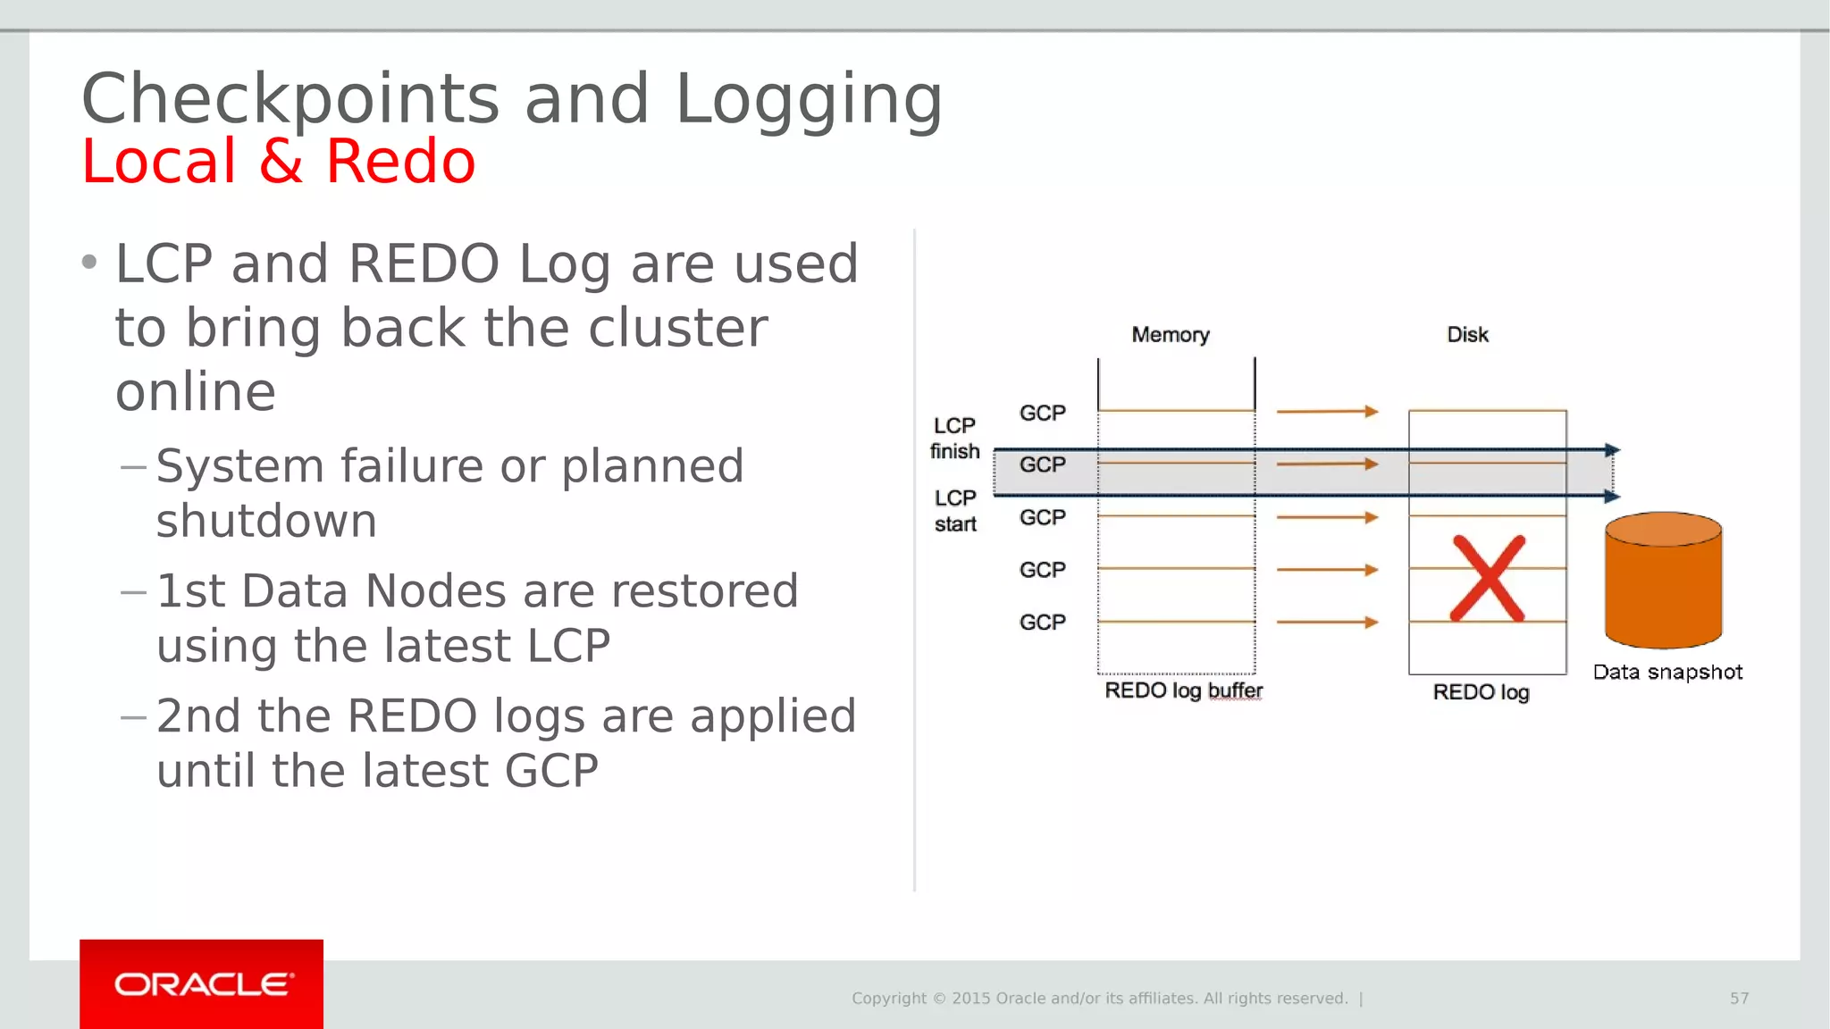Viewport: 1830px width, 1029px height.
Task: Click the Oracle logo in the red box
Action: (x=203, y=984)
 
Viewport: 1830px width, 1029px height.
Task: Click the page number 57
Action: (x=1739, y=999)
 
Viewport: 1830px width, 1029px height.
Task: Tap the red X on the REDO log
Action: (x=1487, y=579)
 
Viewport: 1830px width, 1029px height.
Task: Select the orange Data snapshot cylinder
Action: (x=1663, y=581)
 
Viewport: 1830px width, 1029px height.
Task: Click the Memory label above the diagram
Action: (x=1170, y=335)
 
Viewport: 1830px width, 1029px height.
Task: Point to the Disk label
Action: (x=1467, y=335)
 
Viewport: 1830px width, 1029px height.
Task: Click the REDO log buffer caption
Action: (x=1183, y=690)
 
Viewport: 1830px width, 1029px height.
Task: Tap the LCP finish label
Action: (x=954, y=439)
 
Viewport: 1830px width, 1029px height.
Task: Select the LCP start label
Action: (x=955, y=511)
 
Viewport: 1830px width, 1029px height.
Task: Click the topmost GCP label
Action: (x=1042, y=413)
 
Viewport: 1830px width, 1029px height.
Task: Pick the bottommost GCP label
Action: (x=1042, y=622)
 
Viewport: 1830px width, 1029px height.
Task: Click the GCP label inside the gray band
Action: (x=1042, y=464)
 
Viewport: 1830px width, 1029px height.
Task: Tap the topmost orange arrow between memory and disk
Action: (x=1327, y=412)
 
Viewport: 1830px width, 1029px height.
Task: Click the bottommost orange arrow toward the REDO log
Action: (x=1327, y=622)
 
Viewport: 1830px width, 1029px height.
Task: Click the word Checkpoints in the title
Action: (x=290, y=100)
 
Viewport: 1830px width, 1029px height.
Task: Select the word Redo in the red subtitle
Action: (x=400, y=163)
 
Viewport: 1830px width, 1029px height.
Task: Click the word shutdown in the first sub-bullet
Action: (x=266, y=521)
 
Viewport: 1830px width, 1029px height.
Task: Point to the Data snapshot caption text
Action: (x=1667, y=673)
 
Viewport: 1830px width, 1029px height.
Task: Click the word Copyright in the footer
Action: (x=889, y=999)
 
